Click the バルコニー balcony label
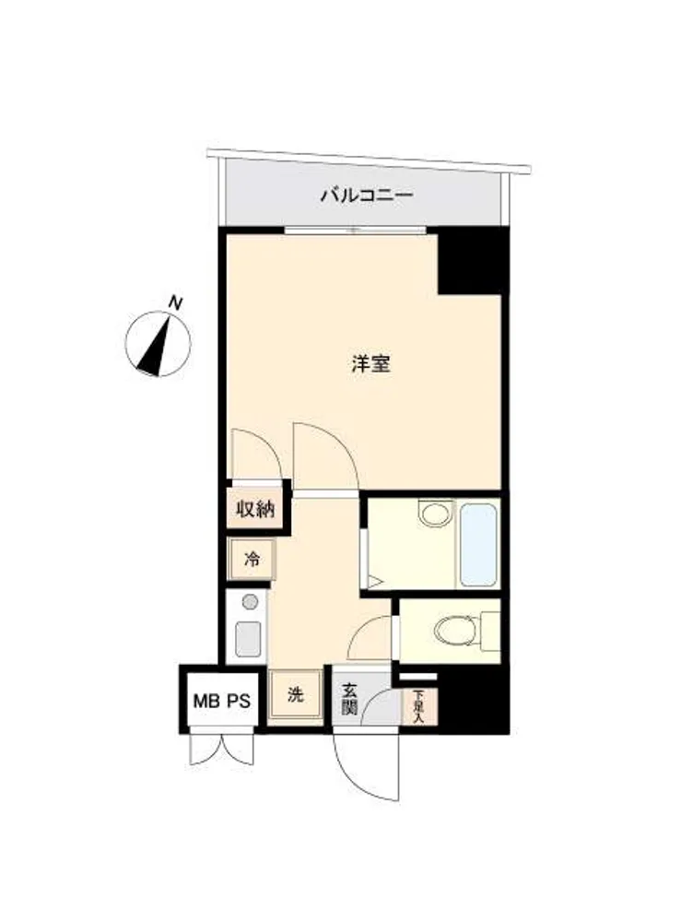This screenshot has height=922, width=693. [367, 195]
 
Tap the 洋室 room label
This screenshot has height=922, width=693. [370, 364]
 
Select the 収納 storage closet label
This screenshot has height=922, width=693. [255, 509]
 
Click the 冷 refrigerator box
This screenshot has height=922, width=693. [252, 560]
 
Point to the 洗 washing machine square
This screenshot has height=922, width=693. [296, 695]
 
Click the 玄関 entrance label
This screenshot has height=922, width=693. [350, 699]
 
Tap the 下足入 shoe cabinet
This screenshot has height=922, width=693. [419, 706]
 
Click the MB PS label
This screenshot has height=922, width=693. [222, 701]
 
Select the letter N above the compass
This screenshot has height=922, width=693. [175, 303]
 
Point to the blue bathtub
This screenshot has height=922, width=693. [478, 545]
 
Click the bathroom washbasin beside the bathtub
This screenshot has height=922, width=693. [435, 514]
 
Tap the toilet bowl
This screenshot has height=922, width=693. [457, 632]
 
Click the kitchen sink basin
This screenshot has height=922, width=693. [248, 639]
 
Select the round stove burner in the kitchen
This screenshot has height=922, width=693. [251, 601]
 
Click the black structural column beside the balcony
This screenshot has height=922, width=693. [473, 261]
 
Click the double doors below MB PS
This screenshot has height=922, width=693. [222, 749]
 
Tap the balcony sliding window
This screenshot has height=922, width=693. [355, 230]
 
